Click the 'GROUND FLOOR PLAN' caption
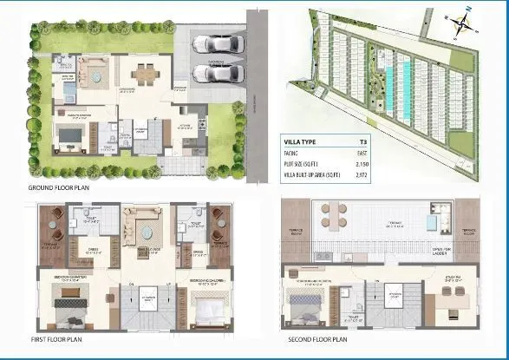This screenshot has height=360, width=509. pyautogui.click(x=61, y=187)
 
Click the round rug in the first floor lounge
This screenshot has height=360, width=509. pyautogui.click(x=141, y=232)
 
